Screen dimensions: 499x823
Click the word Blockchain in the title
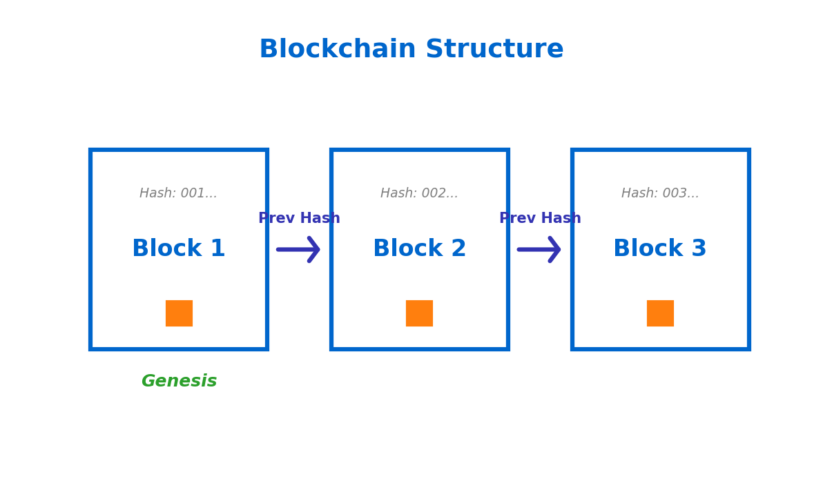[337, 50]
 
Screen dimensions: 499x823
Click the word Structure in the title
[494, 50]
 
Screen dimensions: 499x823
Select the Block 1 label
[178, 249]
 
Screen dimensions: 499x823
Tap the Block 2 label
[419, 249]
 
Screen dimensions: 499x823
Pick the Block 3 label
[659, 249]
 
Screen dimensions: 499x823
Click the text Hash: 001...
[178, 194]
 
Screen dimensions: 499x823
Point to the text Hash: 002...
[419, 194]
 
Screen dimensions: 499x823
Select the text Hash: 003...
[660, 194]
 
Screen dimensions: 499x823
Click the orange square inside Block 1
[179, 313]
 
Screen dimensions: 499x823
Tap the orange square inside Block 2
[419, 313]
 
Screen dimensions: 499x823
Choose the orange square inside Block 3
[660, 313]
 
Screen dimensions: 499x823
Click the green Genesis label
[179, 382]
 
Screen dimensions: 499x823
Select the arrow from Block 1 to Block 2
[298, 249]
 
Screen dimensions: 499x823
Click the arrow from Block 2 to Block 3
[539, 249]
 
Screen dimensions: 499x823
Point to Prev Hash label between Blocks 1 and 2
[299, 219]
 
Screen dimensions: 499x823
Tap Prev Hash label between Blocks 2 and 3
[540, 219]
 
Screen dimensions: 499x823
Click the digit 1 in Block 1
[217, 249]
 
